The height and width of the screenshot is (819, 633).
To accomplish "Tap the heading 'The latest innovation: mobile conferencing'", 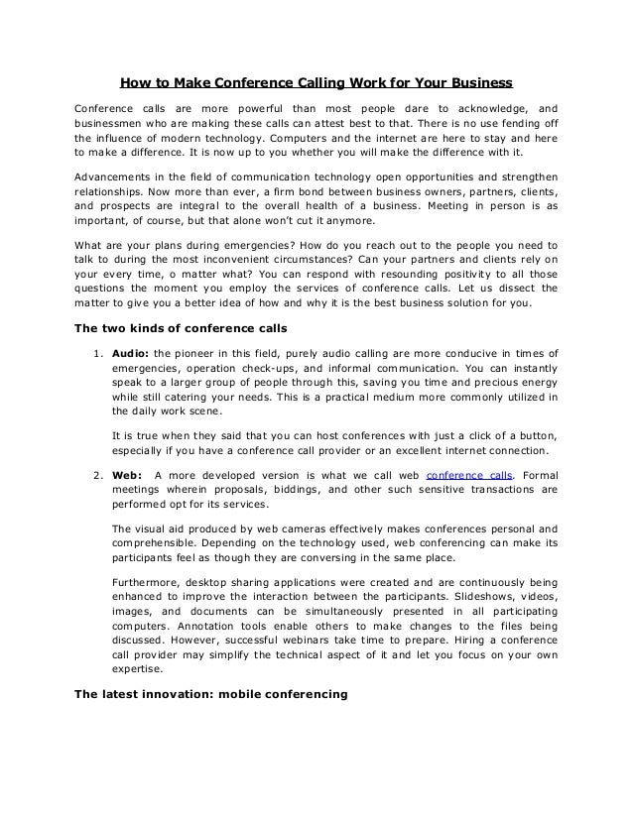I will [x=211, y=694].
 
